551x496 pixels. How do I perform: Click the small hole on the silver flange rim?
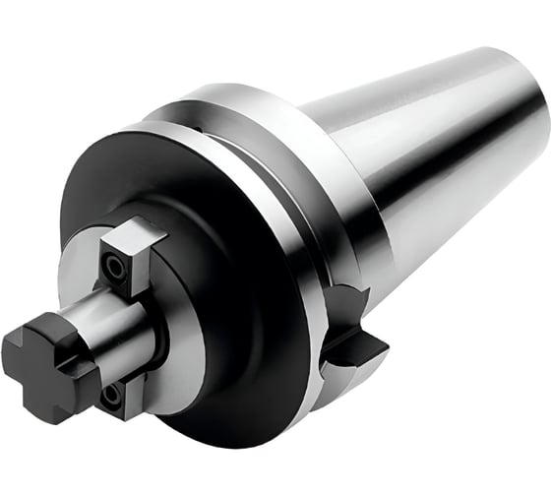click(197, 129)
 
